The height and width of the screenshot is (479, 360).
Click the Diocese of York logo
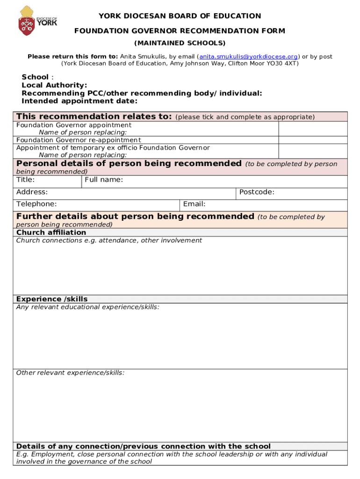point(37,21)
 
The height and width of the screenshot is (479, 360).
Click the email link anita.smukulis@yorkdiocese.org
point(248,57)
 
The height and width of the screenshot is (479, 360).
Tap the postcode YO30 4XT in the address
point(282,64)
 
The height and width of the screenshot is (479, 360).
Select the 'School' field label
point(35,77)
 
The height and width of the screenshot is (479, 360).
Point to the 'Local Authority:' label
point(54,85)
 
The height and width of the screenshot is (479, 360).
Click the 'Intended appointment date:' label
point(79,101)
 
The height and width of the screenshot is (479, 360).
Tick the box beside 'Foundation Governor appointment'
point(313,129)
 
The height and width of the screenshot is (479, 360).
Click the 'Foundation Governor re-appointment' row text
point(79,140)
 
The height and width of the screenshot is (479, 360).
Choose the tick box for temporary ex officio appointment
point(313,151)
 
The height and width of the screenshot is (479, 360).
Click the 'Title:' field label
point(25,180)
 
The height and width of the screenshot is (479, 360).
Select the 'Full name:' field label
point(104,180)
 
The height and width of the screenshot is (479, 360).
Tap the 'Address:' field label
point(32,192)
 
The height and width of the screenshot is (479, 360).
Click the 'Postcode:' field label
point(257,192)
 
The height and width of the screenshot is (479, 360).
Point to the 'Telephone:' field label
point(36,204)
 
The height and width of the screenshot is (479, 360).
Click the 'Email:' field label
point(194,204)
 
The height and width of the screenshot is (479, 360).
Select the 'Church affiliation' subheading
point(51,232)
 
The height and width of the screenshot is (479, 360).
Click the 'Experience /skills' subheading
point(52,299)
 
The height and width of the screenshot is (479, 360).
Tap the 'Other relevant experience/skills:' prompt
point(70,373)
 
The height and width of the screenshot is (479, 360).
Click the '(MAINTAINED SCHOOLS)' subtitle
point(180,43)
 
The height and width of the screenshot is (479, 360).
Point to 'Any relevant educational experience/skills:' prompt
point(87,307)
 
